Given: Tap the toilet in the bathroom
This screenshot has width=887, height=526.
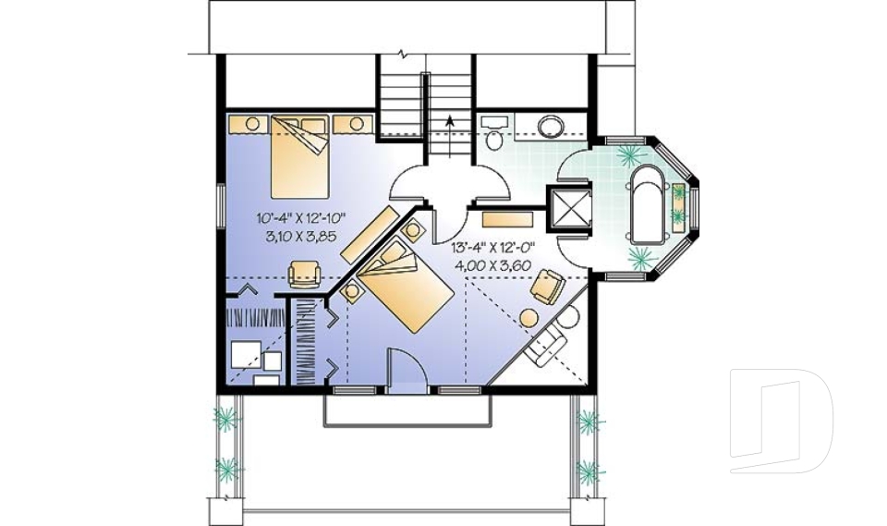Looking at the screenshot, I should [x=493, y=135].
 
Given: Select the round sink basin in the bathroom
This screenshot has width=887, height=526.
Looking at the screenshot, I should [x=553, y=126].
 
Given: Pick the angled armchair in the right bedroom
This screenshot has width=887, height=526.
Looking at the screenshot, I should [x=546, y=286].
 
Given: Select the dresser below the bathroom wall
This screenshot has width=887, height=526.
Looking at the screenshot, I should [x=507, y=221].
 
